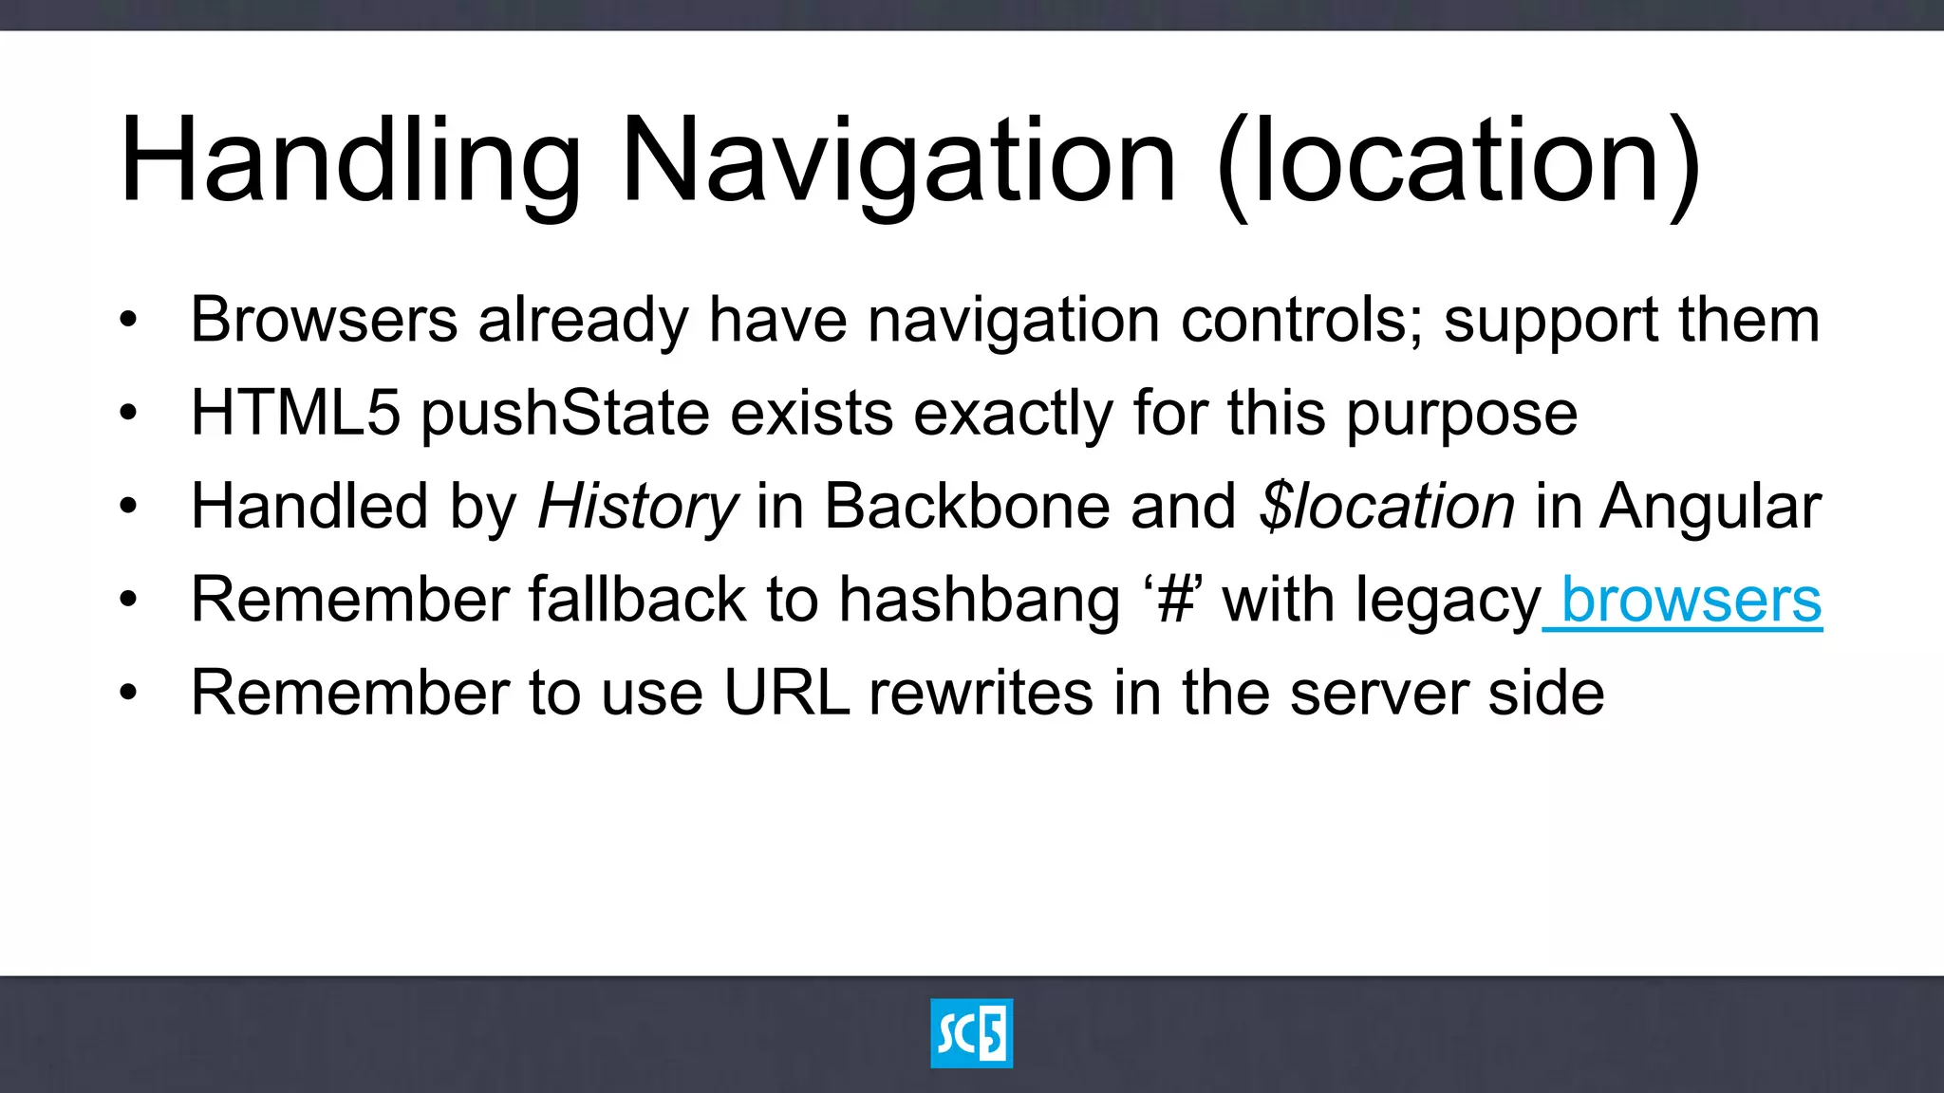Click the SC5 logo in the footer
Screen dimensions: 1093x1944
pyautogui.click(x=971, y=1033)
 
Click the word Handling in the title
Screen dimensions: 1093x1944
pyautogui.click(x=349, y=159)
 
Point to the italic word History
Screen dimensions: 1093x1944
pyautogui.click(x=637, y=506)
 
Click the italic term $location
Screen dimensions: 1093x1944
pyautogui.click(x=1387, y=506)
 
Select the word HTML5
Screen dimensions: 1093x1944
pyautogui.click(x=295, y=413)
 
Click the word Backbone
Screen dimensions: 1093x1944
pyautogui.click(x=966, y=506)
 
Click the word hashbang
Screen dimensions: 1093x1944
pyautogui.click(x=979, y=600)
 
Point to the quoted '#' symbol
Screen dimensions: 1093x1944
pyautogui.click(x=1173, y=600)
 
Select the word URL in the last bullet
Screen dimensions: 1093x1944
pyautogui.click(x=786, y=693)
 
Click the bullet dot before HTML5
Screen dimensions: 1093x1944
pyautogui.click(x=128, y=413)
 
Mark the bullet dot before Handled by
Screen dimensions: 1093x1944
pyautogui.click(x=128, y=506)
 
